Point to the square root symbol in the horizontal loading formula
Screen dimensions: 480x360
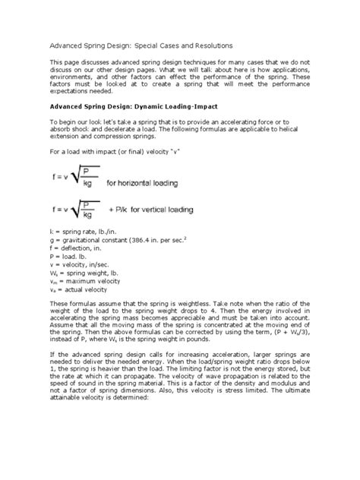tap(85, 180)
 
